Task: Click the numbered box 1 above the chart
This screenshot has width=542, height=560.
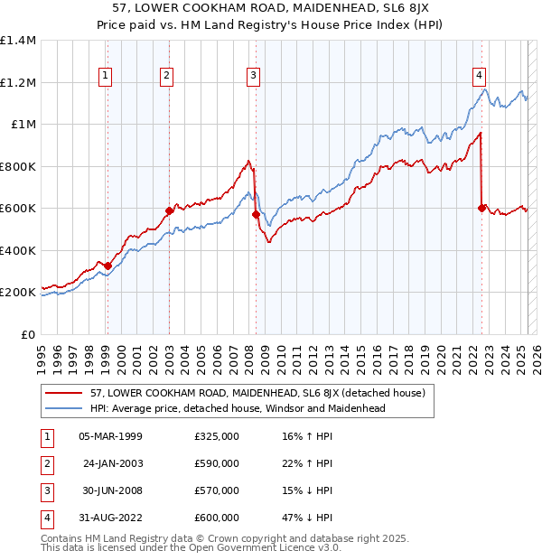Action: pos(107,76)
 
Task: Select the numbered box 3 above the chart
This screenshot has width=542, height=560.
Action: pos(254,76)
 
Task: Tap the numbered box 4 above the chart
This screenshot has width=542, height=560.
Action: pos(479,76)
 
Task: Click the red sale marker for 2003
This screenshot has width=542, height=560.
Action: pos(169,210)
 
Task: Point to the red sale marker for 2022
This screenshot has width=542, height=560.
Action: pos(481,208)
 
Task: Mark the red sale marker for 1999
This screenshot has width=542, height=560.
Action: pos(107,266)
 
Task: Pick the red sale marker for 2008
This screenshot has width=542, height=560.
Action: pos(256,214)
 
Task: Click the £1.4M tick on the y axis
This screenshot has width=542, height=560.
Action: pos(18,41)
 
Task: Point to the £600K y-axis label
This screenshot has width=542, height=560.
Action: pos(18,209)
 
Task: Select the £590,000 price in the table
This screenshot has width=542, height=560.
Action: pos(217,463)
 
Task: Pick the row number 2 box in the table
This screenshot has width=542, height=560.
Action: pos(44,463)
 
